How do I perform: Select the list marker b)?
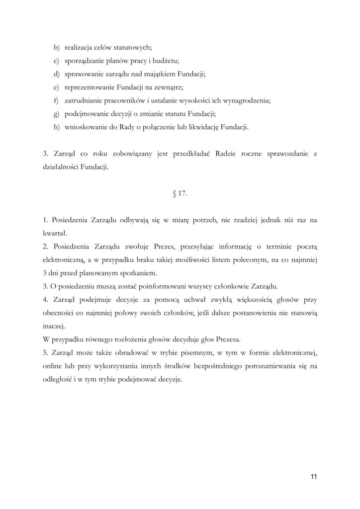pyautogui.click(x=56, y=48)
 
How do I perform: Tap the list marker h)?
pyautogui.click(x=56, y=127)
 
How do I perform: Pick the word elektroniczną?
pyautogui.click(x=65, y=259)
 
